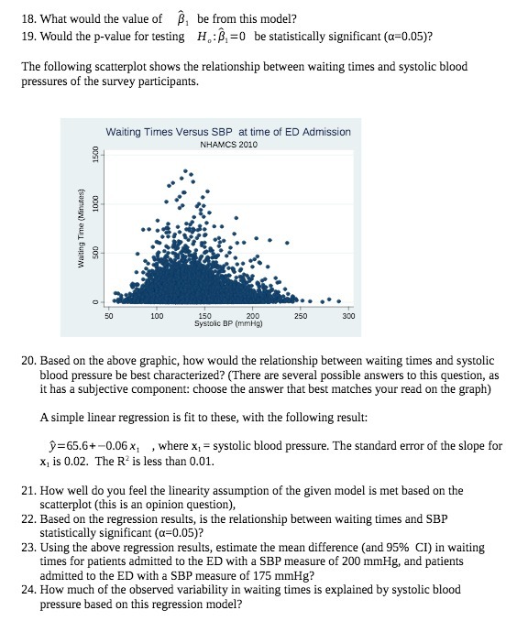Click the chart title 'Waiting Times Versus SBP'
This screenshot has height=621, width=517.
pos(228,132)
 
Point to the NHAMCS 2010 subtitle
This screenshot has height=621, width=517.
pos(228,145)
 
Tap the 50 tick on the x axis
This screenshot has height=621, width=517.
pos(108,316)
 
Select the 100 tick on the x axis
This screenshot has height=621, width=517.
pos(157,316)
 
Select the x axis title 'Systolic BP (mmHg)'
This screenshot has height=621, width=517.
pos(228,323)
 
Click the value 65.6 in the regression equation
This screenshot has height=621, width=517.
pos(93,446)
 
